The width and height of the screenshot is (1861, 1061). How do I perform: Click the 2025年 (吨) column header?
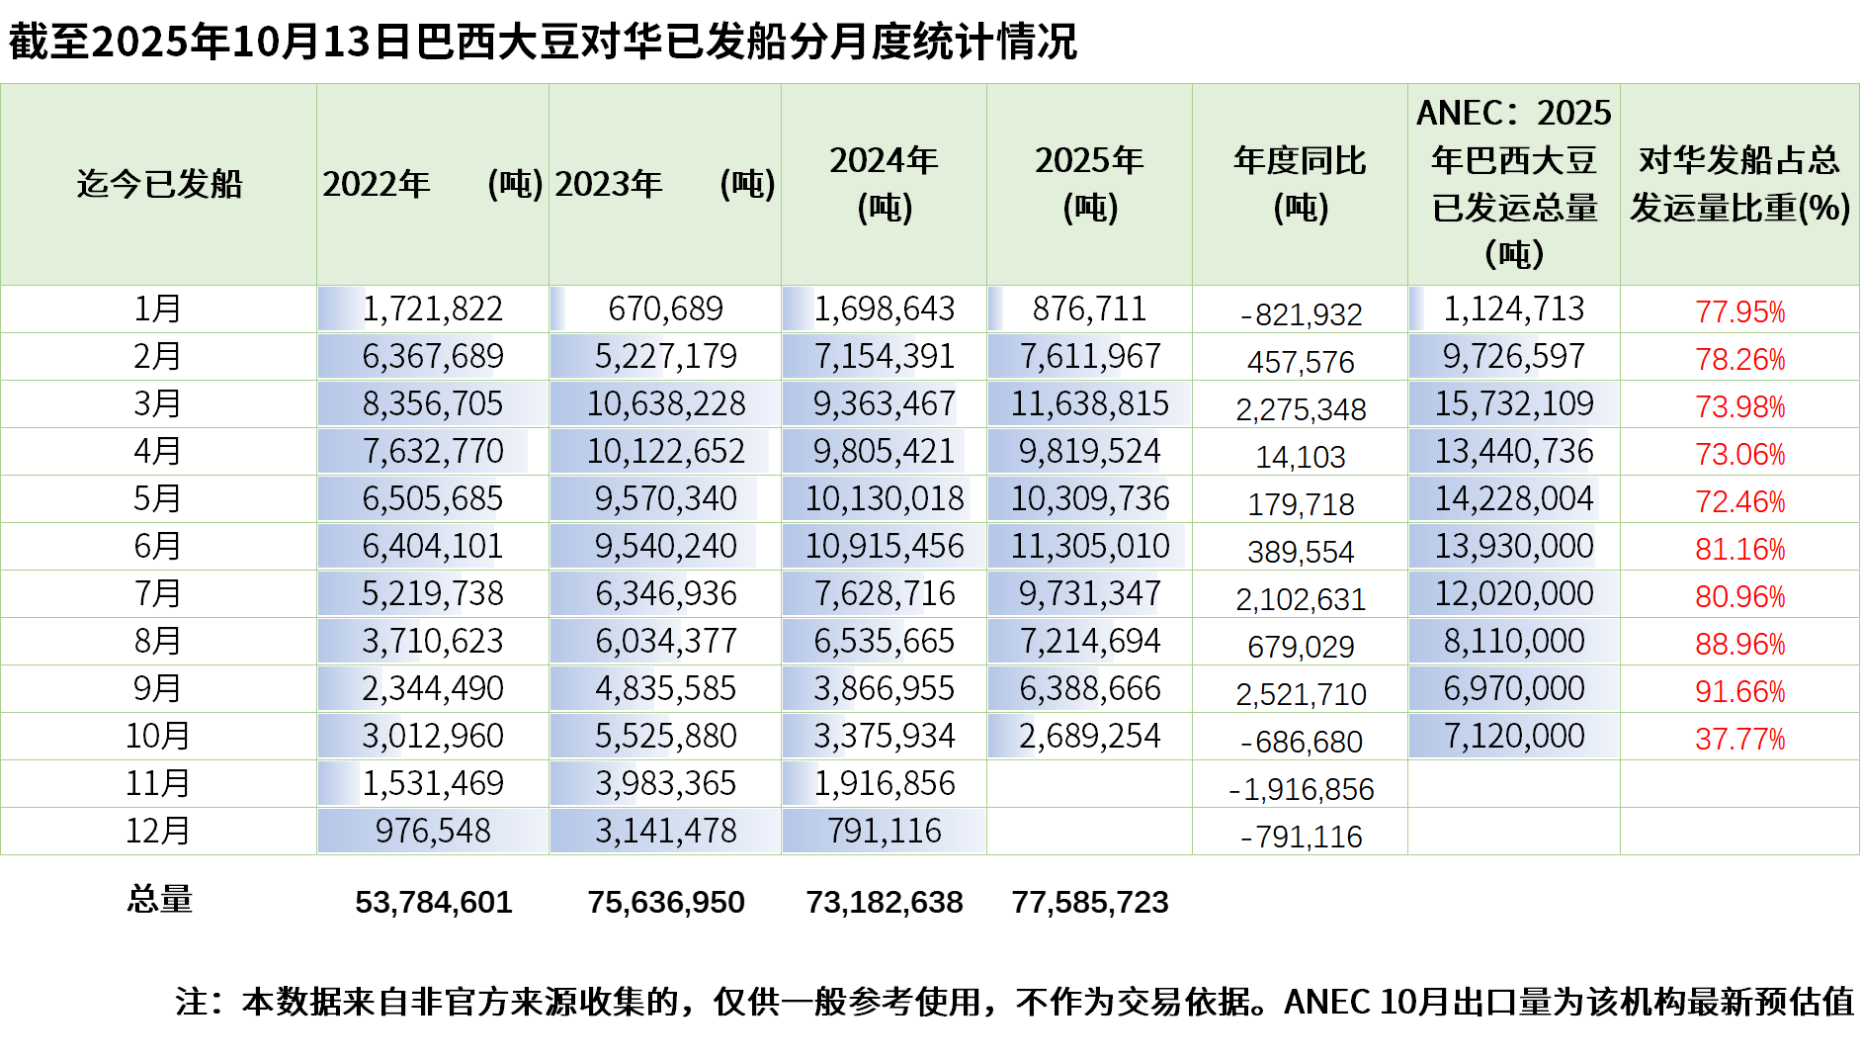coord(1089,184)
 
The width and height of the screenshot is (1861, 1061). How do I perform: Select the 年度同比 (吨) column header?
coord(1300,184)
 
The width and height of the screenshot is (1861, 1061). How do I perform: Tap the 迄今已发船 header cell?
coord(159,184)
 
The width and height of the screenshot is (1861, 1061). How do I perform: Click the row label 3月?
coord(158,403)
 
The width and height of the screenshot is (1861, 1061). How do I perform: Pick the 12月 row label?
coord(158,831)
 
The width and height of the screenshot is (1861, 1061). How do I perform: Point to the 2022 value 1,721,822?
coord(432,309)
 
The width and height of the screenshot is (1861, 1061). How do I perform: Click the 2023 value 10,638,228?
coord(665,403)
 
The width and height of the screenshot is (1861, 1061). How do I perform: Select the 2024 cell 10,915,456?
coord(884,546)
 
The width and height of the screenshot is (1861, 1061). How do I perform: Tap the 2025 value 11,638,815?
coord(1089,403)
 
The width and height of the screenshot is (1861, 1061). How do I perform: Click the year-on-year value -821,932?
coord(1301,314)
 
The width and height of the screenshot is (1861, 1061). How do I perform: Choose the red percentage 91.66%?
coord(1739,691)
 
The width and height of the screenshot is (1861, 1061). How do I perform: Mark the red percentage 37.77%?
coord(1739,739)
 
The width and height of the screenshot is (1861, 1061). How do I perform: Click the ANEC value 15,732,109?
coord(1514,403)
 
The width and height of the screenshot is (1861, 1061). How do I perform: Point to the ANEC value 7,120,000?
coord(1514,736)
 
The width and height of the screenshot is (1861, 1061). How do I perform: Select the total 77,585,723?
coord(1089,902)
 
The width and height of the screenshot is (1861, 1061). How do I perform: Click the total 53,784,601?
coord(433,902)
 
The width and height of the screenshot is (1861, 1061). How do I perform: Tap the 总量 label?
coord(159,899)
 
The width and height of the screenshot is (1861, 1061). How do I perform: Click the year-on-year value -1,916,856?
coord(1301,789)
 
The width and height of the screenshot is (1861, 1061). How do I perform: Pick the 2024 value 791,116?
coord(884,831)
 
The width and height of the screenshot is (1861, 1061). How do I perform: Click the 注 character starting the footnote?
coord(192,1002)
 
